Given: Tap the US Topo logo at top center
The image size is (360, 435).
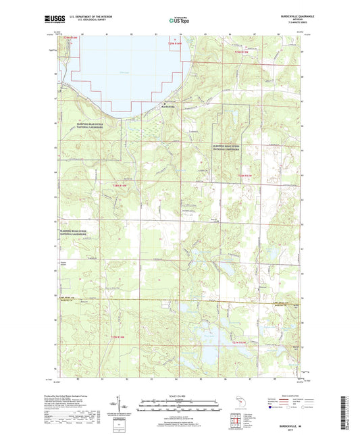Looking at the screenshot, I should [x=179, y=21].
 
